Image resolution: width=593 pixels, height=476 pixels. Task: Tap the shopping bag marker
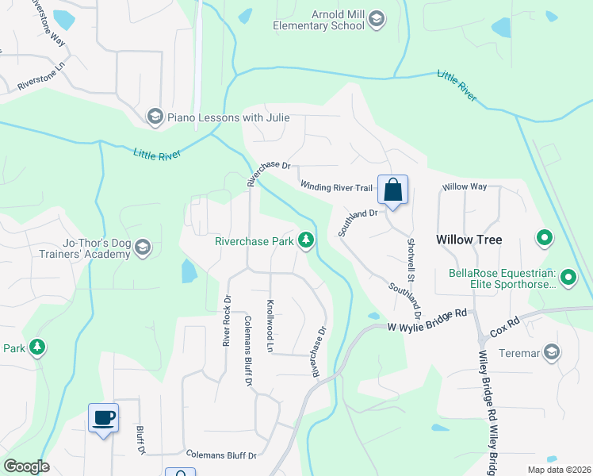(392, 190)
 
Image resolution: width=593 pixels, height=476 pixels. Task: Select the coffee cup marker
(103, 417)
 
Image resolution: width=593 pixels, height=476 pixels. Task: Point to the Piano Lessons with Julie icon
(155, 117)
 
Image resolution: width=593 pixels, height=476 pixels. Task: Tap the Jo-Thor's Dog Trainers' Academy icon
(143, 248)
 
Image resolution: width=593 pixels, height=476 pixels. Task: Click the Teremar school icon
(552, 351)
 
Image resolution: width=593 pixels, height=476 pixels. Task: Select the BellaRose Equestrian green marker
(568, 278)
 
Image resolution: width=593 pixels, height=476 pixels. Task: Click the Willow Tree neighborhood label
(469, 240)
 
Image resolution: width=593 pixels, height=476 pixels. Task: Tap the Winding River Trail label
(336, 186)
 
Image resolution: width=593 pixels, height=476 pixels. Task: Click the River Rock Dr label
(227, 321)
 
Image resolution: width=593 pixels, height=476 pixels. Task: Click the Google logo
(27, 466)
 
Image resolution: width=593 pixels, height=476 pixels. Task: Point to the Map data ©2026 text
(558, 470)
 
